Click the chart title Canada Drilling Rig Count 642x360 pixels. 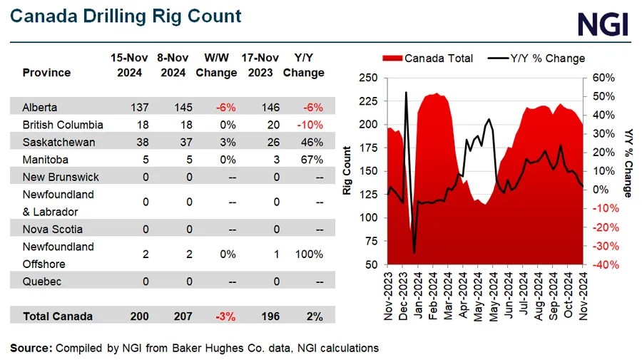pos(126,16)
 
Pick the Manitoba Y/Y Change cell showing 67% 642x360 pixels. pos(312,160)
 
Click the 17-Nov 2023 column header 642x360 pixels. pos(260,65)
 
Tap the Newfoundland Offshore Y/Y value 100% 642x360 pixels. pos(309,254)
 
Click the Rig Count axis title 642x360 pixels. pos(347,171)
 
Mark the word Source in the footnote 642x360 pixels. pos(30,348)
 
